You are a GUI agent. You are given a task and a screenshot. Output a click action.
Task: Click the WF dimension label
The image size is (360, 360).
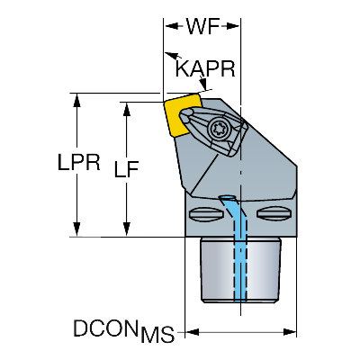pos(202,26)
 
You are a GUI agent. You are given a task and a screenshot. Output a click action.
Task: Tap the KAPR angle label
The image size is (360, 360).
pos(205,68)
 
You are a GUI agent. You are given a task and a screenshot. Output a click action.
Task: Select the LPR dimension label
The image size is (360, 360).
pos(79,163)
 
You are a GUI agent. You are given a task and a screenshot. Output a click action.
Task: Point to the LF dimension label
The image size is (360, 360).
pos(126,169)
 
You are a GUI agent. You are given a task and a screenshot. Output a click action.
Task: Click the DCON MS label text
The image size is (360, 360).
pos(123,331)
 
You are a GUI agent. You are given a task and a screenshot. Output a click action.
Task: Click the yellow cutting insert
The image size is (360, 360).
pos(177,116)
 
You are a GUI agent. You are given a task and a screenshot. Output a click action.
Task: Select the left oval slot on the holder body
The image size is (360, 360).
pos(206,214)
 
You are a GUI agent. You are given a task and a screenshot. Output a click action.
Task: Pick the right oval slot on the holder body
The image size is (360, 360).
pos(274,213)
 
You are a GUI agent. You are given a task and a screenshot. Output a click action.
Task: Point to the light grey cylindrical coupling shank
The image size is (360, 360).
pos(240,269)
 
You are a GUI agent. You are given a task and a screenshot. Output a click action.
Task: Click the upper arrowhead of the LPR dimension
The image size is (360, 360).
pos(77,100)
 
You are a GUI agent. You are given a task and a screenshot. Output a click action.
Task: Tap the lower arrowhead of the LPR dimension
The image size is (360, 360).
pos(77,229)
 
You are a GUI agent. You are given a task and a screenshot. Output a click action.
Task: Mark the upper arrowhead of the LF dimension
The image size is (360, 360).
pos(127,109)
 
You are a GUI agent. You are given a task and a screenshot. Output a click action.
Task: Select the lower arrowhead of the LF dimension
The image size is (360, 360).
pos(127,229)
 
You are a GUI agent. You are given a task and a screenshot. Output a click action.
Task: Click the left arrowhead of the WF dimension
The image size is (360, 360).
pos(171,26)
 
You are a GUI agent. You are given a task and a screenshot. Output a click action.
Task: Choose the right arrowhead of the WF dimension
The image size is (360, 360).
pos(233,26)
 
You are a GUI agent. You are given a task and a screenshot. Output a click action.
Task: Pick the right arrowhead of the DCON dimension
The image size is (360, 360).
pos(290,332)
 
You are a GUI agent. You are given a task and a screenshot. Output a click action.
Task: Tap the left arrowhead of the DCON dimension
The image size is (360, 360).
pos(193,332)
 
